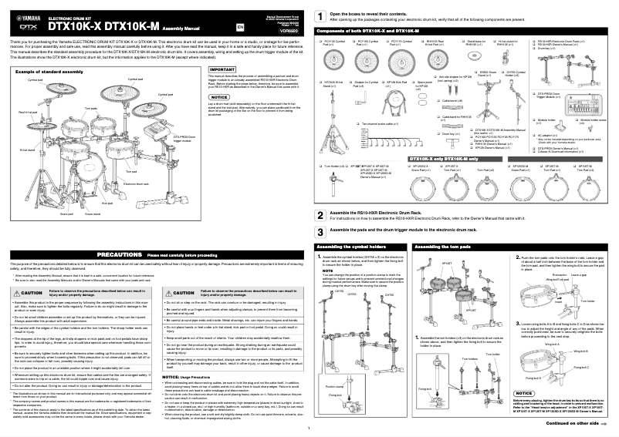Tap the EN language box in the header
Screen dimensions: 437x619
click(x=239, y=26)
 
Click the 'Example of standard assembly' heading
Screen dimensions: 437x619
click(x=46, y=70)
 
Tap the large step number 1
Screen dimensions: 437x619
click(x=321, y=16)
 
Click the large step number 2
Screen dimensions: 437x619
click(x=321, y=213)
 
